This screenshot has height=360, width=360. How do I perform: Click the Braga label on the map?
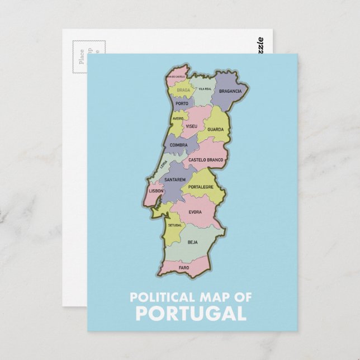click(183, 89)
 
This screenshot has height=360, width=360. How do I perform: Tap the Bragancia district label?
click(230, 91)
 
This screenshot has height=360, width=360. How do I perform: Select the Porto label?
click(182, 103)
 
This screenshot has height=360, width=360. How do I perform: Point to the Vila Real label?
click(205, 88)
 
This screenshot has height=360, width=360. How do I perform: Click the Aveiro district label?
click(178, 119)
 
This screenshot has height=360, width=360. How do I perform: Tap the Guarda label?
click(215, 129)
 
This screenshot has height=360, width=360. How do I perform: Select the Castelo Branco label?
click(206, 160)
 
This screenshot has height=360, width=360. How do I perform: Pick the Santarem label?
click(175, 179)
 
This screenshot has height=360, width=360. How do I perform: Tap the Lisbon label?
click(156, 191)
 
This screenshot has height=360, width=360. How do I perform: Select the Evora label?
click(195, 212)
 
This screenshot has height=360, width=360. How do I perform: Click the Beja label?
click(193, 242)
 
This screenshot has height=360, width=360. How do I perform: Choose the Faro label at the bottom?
click(184, 268)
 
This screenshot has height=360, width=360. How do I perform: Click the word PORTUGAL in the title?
click(191, 313)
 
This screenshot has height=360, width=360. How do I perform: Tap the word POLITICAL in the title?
click(158, 297)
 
